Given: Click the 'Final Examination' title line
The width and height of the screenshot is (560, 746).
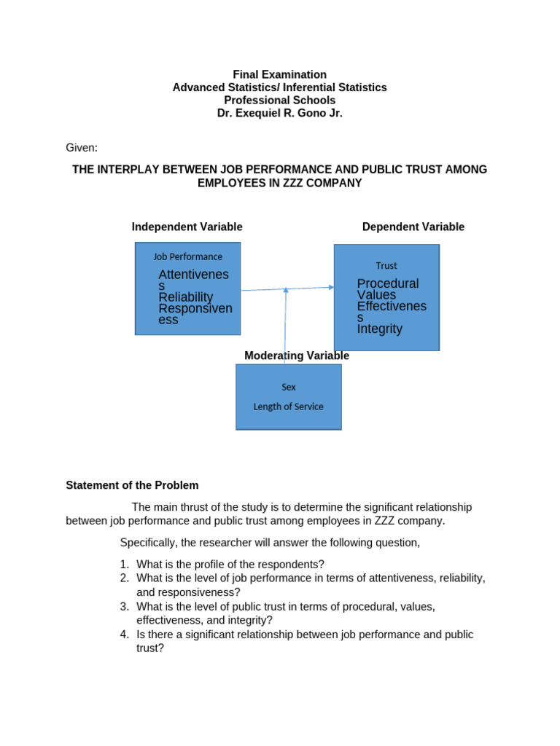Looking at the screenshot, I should coord(279,74).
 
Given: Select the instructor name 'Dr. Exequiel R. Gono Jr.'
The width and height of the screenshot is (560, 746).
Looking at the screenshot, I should coord(279,113).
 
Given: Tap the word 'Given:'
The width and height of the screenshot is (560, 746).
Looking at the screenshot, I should coord(82,148).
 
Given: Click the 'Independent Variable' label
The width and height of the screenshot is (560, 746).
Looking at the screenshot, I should coord(187,227).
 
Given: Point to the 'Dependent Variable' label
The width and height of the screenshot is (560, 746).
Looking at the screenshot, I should coord(413,227).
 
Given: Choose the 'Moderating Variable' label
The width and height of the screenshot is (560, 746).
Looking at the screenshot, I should coord(296,356).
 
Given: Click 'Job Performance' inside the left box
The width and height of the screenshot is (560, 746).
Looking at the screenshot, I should coord(187,256).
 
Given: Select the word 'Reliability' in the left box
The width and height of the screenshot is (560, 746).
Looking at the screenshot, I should coord(186,297).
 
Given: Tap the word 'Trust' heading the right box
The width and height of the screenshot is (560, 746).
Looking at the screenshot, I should coord(386,266).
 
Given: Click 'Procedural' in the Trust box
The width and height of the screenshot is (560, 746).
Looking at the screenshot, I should coord(388,283).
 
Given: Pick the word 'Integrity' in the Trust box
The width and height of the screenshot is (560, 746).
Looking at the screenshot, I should coord(379,329).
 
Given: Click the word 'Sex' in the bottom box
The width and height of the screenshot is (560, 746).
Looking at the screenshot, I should coord(289,387).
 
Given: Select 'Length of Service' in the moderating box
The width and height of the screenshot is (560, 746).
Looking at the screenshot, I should coord(288,407).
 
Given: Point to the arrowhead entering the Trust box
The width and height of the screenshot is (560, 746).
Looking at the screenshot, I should coord(331,287).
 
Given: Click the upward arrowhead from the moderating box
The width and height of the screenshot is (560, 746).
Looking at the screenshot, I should coord(286,290).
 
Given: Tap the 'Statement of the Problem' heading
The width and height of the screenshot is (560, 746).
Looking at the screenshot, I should coord(132,485).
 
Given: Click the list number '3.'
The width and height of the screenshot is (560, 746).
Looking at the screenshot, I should coord(125,606).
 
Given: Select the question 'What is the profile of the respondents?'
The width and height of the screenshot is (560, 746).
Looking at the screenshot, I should coord(230,564).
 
